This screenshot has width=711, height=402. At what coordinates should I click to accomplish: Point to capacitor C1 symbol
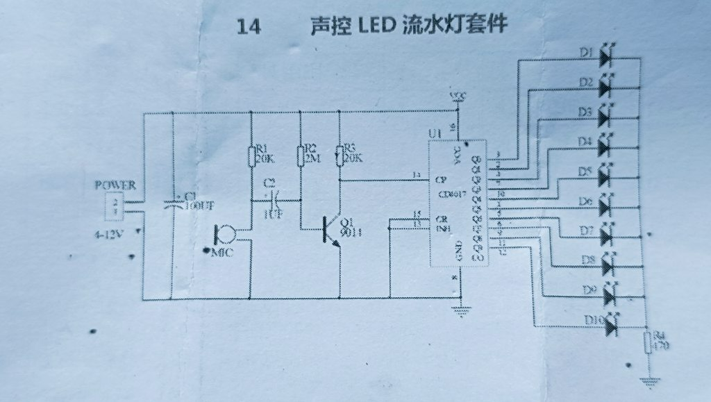[x=172, y=204]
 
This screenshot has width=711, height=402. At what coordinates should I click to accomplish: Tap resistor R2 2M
[x=301, y=156]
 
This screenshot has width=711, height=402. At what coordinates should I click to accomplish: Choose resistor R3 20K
[x=340, y=156]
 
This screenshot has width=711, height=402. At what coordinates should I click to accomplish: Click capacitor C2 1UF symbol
[x=271, y=200]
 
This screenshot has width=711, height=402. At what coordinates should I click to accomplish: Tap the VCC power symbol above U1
[x=457, y=97]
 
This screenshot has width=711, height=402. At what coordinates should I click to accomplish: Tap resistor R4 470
[x=646, y=342]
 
